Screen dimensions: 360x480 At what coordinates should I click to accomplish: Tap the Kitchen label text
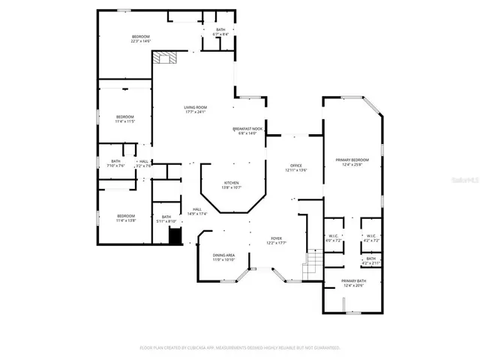231,185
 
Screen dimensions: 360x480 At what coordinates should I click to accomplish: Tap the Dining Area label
223,257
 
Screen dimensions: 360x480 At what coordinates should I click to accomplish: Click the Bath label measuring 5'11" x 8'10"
166,219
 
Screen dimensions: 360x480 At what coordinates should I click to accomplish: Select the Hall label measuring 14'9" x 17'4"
197,211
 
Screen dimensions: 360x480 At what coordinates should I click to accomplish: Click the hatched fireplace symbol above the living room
163,58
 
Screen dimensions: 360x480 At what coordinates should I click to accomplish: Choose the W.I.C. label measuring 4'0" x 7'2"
333,238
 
